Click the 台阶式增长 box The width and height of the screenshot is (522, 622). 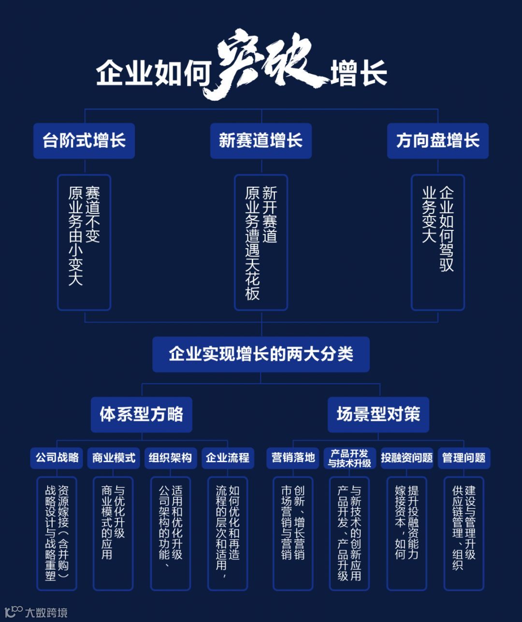pos(84,141)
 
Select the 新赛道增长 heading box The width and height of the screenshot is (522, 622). pos(261,141)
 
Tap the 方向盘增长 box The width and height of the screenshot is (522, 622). pos(437,141)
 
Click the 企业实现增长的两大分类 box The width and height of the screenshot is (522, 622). pos(261,354)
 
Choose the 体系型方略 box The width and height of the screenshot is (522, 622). pos(141,415)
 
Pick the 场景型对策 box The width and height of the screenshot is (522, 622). pos(378,415)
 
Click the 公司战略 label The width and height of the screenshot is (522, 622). pos(57,458)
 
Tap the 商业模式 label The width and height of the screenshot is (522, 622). pos(114,458)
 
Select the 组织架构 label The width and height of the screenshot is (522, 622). pos(170,458)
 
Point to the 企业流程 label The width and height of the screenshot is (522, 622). pos(227,458)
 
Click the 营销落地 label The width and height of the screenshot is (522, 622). pos(293,458)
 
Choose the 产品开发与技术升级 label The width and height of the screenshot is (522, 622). pos(349,458)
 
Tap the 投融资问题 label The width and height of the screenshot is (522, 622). pos(406,458)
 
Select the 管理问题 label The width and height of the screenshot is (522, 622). pos(464,458)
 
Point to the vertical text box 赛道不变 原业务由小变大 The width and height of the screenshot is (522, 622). pos(84,242)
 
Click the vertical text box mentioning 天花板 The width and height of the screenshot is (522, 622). pos(261,242)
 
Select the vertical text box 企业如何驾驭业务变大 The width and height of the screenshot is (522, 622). pos(438,242)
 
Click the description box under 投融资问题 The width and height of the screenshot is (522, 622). pos(406,532)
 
